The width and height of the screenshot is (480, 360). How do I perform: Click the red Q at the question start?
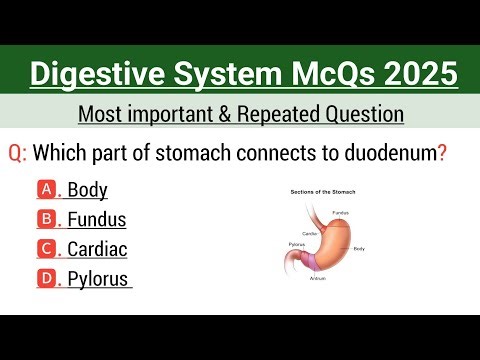(x=16, y=154)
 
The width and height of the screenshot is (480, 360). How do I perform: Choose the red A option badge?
(x=47, y=189)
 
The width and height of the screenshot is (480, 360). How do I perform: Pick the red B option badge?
(x=47, y=219)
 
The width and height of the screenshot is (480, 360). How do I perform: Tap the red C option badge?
(x=47, y=249)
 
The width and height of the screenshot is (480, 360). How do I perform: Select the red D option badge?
(x=47, y=279)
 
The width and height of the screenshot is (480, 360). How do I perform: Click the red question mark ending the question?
(x=441, y=154)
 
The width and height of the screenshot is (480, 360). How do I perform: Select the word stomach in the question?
(x=204, y=154)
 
